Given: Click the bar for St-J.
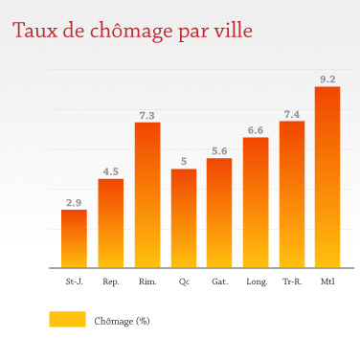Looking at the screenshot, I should (x=74, y=238).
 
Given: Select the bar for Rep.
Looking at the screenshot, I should (x=111, y=223).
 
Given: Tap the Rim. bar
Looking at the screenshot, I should (x=146, y=195).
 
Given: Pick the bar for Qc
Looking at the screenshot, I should (x=184, y=218).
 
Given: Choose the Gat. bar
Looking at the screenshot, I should (x=219, y=213).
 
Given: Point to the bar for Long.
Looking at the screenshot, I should (x=256, y=202).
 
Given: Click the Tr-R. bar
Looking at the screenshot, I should (x=292, y=194).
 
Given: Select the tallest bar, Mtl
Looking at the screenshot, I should (x=327, y=177).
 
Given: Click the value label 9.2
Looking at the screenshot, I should (x=327, y=79).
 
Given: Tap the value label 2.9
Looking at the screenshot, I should (x=74, y=202).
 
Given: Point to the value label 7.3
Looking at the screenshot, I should (x=146, y=116).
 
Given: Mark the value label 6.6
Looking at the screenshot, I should (x=256, y=130).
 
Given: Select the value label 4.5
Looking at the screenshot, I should (x=111, y=172).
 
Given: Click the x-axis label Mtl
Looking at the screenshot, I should (x=327, y=282).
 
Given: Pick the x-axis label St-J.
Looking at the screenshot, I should (x=74, y=282).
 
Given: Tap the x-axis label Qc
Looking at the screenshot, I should (x=184, y=282).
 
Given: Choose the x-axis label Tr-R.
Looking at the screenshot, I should (x=292, y=282).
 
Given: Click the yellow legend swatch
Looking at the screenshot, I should (x=67, y=320).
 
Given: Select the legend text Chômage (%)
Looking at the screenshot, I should (x=123, y=321).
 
